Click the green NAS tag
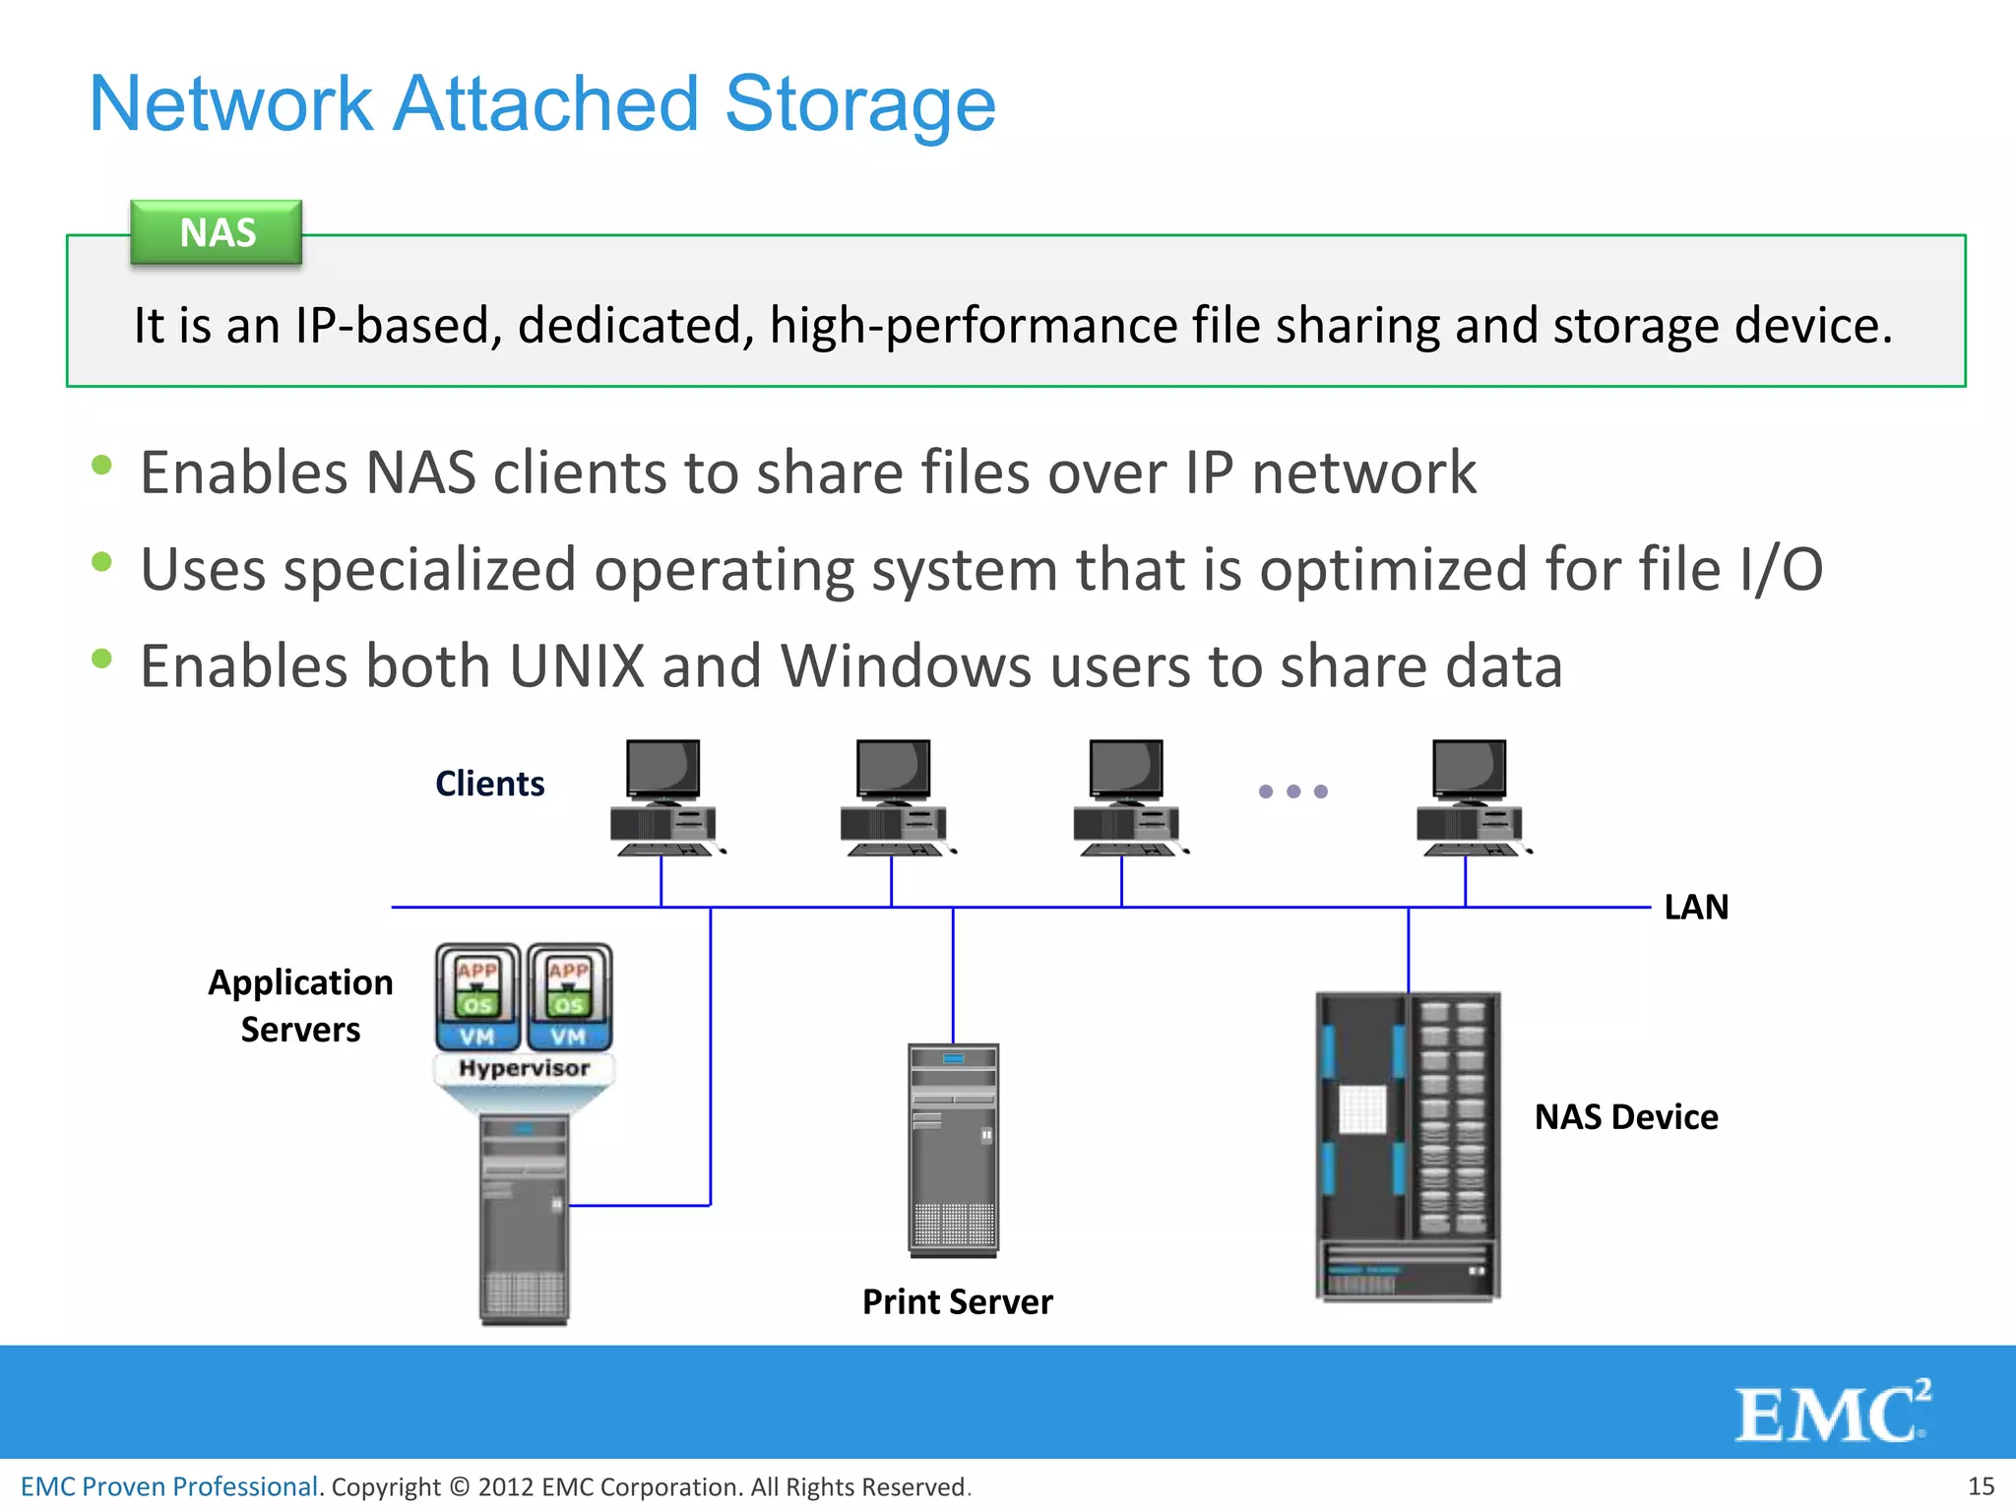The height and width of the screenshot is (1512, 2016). (x=217, y=233)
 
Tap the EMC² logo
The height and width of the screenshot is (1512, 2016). (x=1831, y=1413)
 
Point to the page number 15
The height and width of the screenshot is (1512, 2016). (x=1980, y=1486)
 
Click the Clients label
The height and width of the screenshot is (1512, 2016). (x=489, y=784)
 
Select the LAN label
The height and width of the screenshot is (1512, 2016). (x=1695, y=907)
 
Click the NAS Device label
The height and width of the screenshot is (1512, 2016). (x=1625, y=1117)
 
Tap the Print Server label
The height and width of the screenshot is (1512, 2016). (x=957, y=1302)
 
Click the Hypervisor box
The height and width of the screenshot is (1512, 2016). (x=524, y=1069)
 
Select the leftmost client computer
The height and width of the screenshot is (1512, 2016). (x=664, y=797)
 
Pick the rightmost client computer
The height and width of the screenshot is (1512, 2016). (x=1471, y=797)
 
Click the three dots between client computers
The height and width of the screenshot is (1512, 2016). (x=1292, y=791)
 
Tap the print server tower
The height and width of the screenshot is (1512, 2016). (x=953, y=1150)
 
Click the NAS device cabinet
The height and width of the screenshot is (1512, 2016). (x=1408, y=1147)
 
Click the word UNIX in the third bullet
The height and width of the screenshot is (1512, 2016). (x=577, y=666)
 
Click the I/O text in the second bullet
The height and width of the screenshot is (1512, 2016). (x=1780, y=570)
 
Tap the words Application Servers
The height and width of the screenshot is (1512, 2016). (x=300, y=1006)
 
